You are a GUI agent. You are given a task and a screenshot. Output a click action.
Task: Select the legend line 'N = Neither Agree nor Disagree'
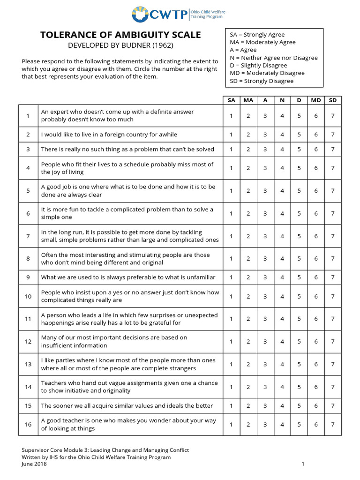click(274, 58)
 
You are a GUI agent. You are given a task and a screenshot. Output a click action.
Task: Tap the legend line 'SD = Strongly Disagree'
click(262, 81)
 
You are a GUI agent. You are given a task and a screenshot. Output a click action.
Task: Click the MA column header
click(248, 100)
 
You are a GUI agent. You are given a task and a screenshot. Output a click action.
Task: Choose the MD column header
click(315, 100)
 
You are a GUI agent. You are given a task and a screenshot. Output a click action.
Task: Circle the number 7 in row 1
click(332, 116)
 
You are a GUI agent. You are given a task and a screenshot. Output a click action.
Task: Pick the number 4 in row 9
click(282, 277)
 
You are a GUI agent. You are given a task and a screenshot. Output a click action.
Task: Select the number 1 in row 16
click(231, 424)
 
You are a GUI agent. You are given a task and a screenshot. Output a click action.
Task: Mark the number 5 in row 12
click(299, 342)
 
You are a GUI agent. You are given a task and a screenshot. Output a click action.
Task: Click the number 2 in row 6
click(248, 213)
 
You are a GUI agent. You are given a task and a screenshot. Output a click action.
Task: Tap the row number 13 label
click(28, 364)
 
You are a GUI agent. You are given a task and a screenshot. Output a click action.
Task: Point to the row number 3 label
click(28, 150)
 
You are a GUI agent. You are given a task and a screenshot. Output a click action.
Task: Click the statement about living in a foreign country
click(109, 135)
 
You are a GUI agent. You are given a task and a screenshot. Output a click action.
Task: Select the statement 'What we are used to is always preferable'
click(126, 277)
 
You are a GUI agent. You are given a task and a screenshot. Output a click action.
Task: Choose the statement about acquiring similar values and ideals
click(127, 405)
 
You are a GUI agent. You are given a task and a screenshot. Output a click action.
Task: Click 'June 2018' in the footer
click(34, 464)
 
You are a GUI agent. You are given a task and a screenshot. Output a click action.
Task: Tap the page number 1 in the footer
click(303, 464)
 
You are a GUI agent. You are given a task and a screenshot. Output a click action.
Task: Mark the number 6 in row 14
click(315, 387)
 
